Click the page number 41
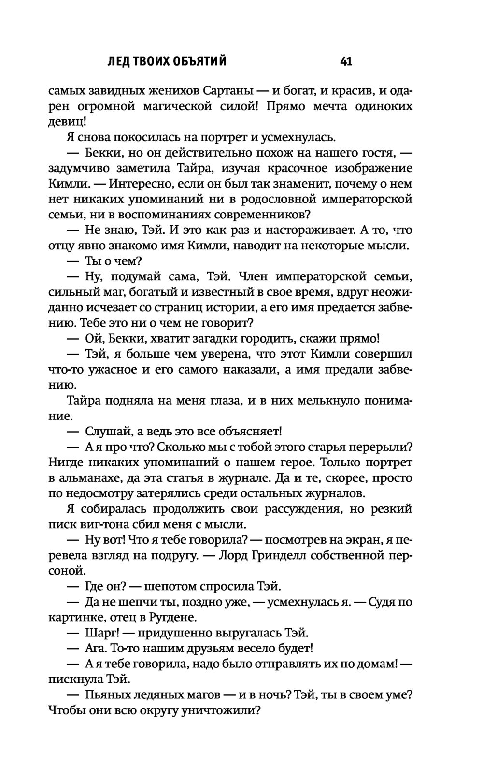[x=346, y=61]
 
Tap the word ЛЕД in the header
[x=119, y=61]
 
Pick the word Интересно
[x=139, y=184]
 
